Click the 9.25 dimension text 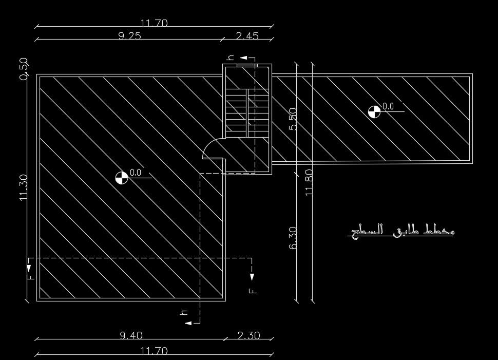(129, 35)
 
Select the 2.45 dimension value (247, 35)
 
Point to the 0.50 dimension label (24, 69)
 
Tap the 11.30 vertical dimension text (24, 187)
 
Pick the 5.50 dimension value (293, 119)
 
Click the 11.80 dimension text (309, 182)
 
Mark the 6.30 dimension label (293, 238)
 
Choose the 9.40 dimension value (131, 335)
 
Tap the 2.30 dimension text (248, 335)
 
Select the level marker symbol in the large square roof (121, 178)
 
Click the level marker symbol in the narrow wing (374, 111)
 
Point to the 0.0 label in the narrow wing (388, 106)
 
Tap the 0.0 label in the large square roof (136, 173)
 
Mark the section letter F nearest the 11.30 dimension (31, 277)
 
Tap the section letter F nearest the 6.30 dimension (252, 291)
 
